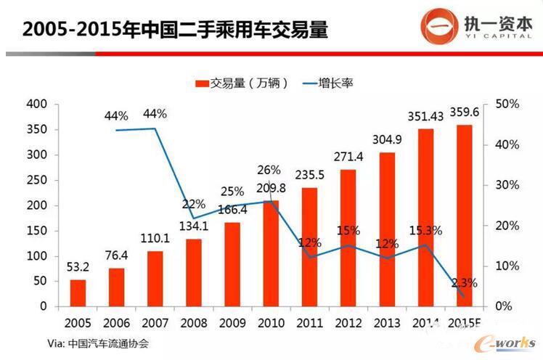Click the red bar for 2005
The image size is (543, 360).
(78, 293)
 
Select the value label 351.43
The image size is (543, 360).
(425, 115)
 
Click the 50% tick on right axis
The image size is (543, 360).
(506, 105)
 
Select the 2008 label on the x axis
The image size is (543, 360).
(192, 323)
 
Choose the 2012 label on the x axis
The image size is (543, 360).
(347, 323)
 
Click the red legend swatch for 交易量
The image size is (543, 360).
(201, 83)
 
